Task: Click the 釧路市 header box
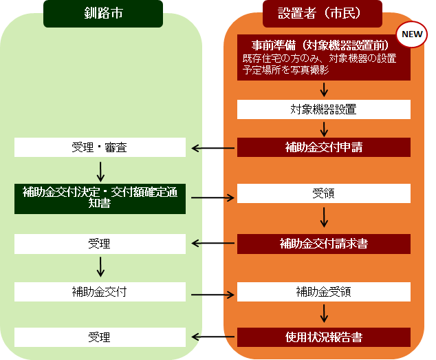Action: [x=103, y=14]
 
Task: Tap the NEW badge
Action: [x=411, y=33]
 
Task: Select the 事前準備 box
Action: [x=323, y=57]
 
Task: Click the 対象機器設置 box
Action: [x=323, y=109]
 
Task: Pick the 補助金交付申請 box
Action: [x=323, y=147]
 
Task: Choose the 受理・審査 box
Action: [x=100, y=147]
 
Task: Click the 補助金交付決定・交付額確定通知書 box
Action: [x=100, y=198]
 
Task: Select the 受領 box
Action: [x=323, y=194]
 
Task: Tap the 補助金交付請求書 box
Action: [x=323, y=244]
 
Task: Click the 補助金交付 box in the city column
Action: [x=100, y=291]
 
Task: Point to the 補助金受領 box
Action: [x=323, y=291]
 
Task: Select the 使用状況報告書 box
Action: [x=323, y=337]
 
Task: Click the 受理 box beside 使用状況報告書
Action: [x=100, y=337]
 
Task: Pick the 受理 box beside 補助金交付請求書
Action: [x=100, y=244]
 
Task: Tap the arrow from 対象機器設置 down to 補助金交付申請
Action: [x=324, y=129]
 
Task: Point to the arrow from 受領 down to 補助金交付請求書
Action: [x=324, y=218]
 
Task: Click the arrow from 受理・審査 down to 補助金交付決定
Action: [x=101, y=170]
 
